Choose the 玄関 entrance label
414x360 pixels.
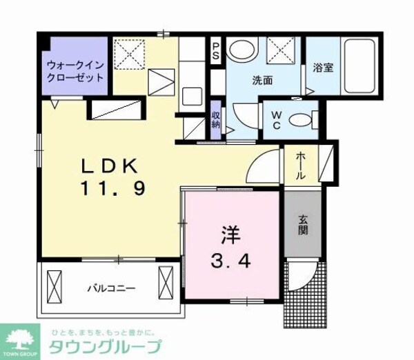303,226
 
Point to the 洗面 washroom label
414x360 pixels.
262,80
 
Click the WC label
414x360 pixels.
275,119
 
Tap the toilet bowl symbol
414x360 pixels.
300,119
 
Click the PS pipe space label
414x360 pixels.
215,50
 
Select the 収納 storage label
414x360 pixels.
215,120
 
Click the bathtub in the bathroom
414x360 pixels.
357,68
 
